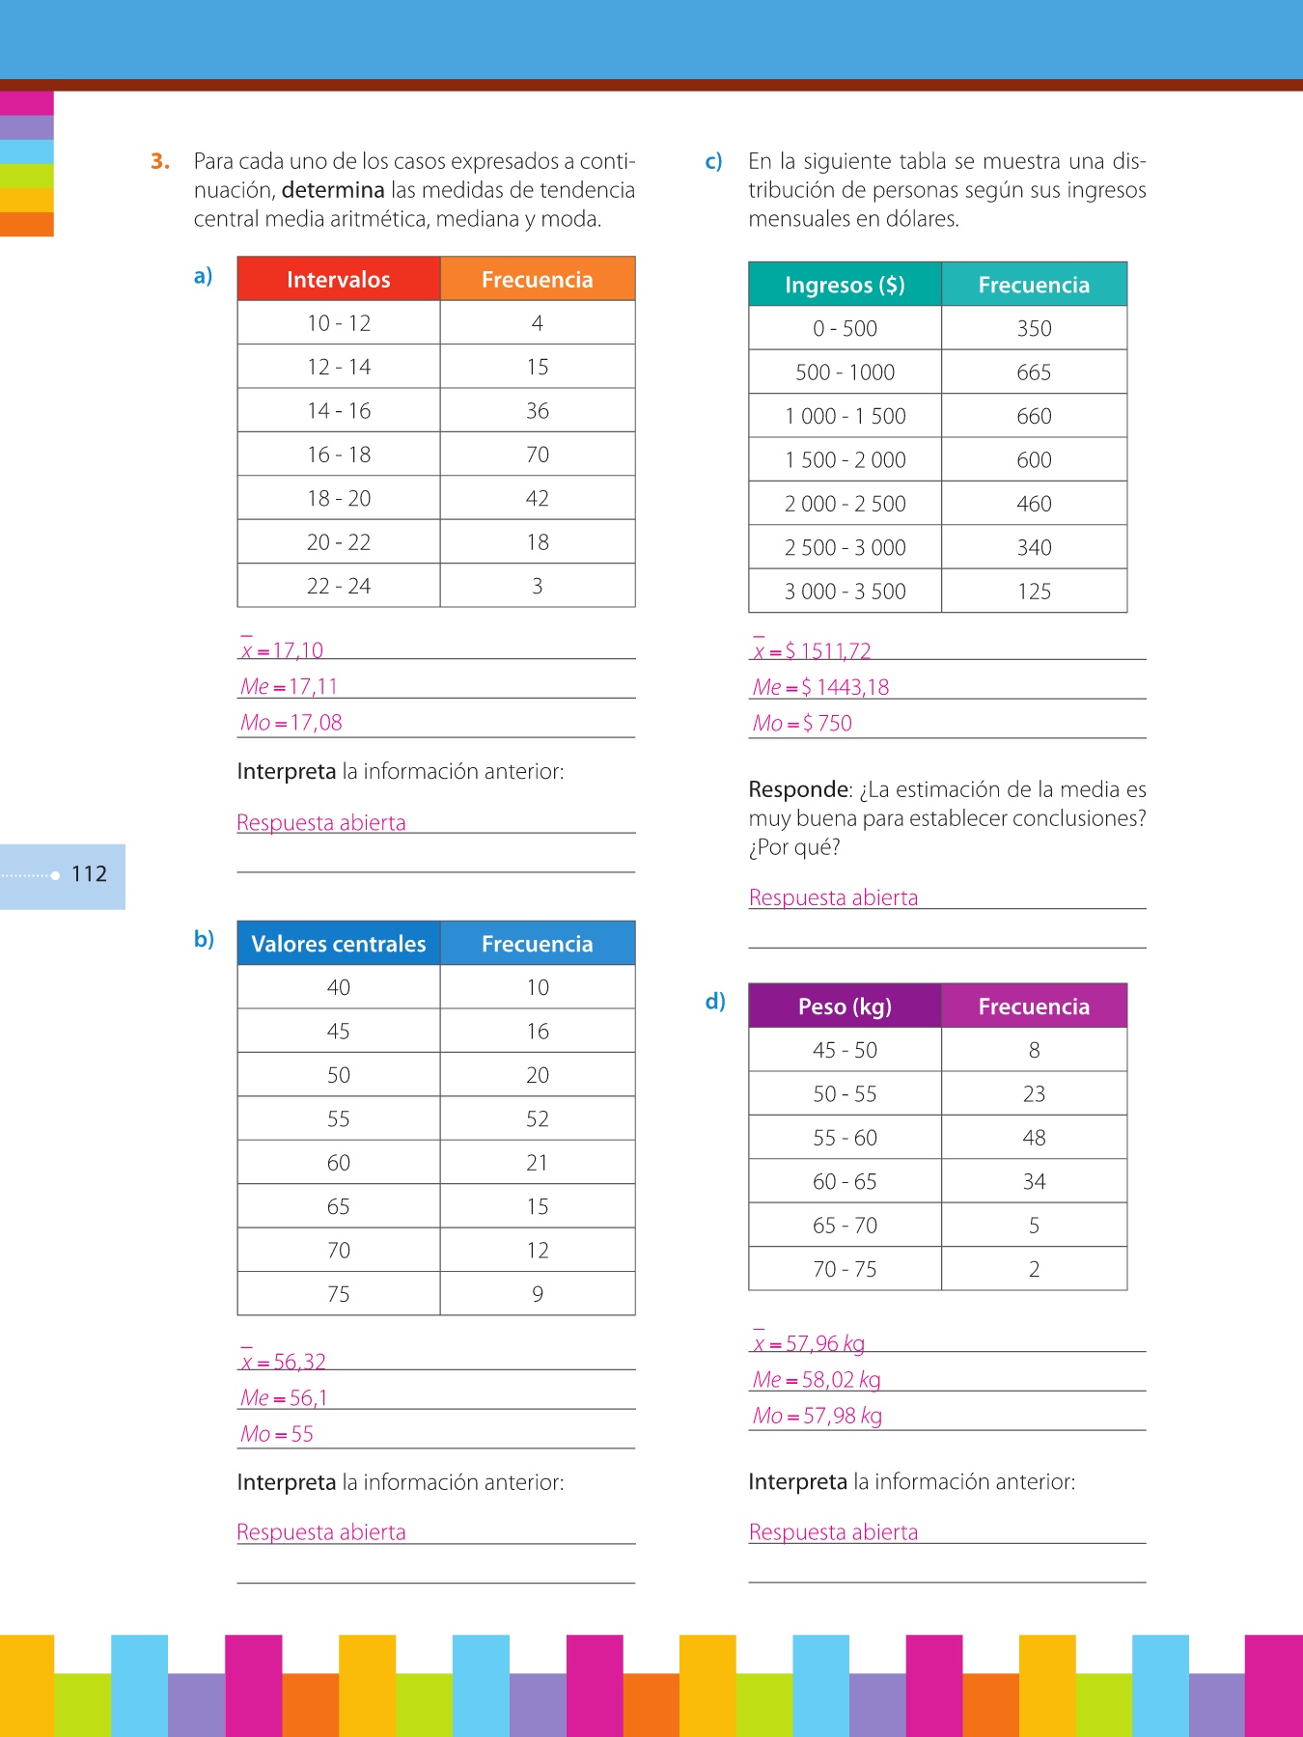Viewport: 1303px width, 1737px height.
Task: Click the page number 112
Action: click(89, 874)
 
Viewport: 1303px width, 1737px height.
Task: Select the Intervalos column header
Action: click(338, 280)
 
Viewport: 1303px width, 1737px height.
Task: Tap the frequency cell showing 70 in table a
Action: click(537, 455)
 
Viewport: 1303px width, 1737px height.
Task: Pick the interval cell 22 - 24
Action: click(338, 586)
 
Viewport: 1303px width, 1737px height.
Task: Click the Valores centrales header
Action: click(338, 944)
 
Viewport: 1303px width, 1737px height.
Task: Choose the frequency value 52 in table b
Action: click(537, 1119)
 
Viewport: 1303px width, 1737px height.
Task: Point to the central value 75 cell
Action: click(338, 1294)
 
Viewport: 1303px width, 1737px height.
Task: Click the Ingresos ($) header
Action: click(845, 285)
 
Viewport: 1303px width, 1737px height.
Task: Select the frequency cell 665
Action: click(1033, 372)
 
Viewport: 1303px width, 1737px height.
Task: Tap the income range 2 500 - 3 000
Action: click(845, 548)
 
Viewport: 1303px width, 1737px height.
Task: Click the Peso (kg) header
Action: click(845, 1006)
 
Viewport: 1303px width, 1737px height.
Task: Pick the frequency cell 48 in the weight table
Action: click(1033, 1138)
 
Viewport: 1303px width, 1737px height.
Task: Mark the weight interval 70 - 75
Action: click(845, 1269)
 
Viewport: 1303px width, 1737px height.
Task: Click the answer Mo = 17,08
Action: click(291, 723)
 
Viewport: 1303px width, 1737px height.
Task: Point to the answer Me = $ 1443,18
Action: click(820, 687)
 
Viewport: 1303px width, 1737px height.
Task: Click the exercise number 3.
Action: click(160, 161)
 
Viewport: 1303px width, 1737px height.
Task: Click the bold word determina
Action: click(333, 190)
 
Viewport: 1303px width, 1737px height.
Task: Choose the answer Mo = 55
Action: click(277, 1434)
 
